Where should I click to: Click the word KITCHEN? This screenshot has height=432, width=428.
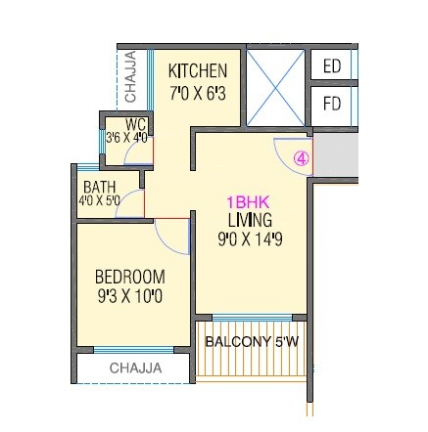(x=198, y=71)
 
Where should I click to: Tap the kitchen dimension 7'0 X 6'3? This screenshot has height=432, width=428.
(x=198, y=92)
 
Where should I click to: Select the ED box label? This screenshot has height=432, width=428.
(x=331, y=66)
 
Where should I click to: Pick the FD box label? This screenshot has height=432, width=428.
(x=331, y=104)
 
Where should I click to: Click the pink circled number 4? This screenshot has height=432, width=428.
(x=302, y=156)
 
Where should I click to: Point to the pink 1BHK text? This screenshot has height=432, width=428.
(x=250, y=203)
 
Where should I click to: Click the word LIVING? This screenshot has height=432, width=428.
(x=250, y=220)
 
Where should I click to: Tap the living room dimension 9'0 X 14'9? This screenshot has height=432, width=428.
(x=250, y=238)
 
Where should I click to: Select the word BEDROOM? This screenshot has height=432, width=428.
(x=130, y=277)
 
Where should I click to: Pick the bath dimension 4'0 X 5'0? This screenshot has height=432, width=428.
(x=100, y=200)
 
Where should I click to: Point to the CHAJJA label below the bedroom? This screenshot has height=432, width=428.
(x=134, y=368)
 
